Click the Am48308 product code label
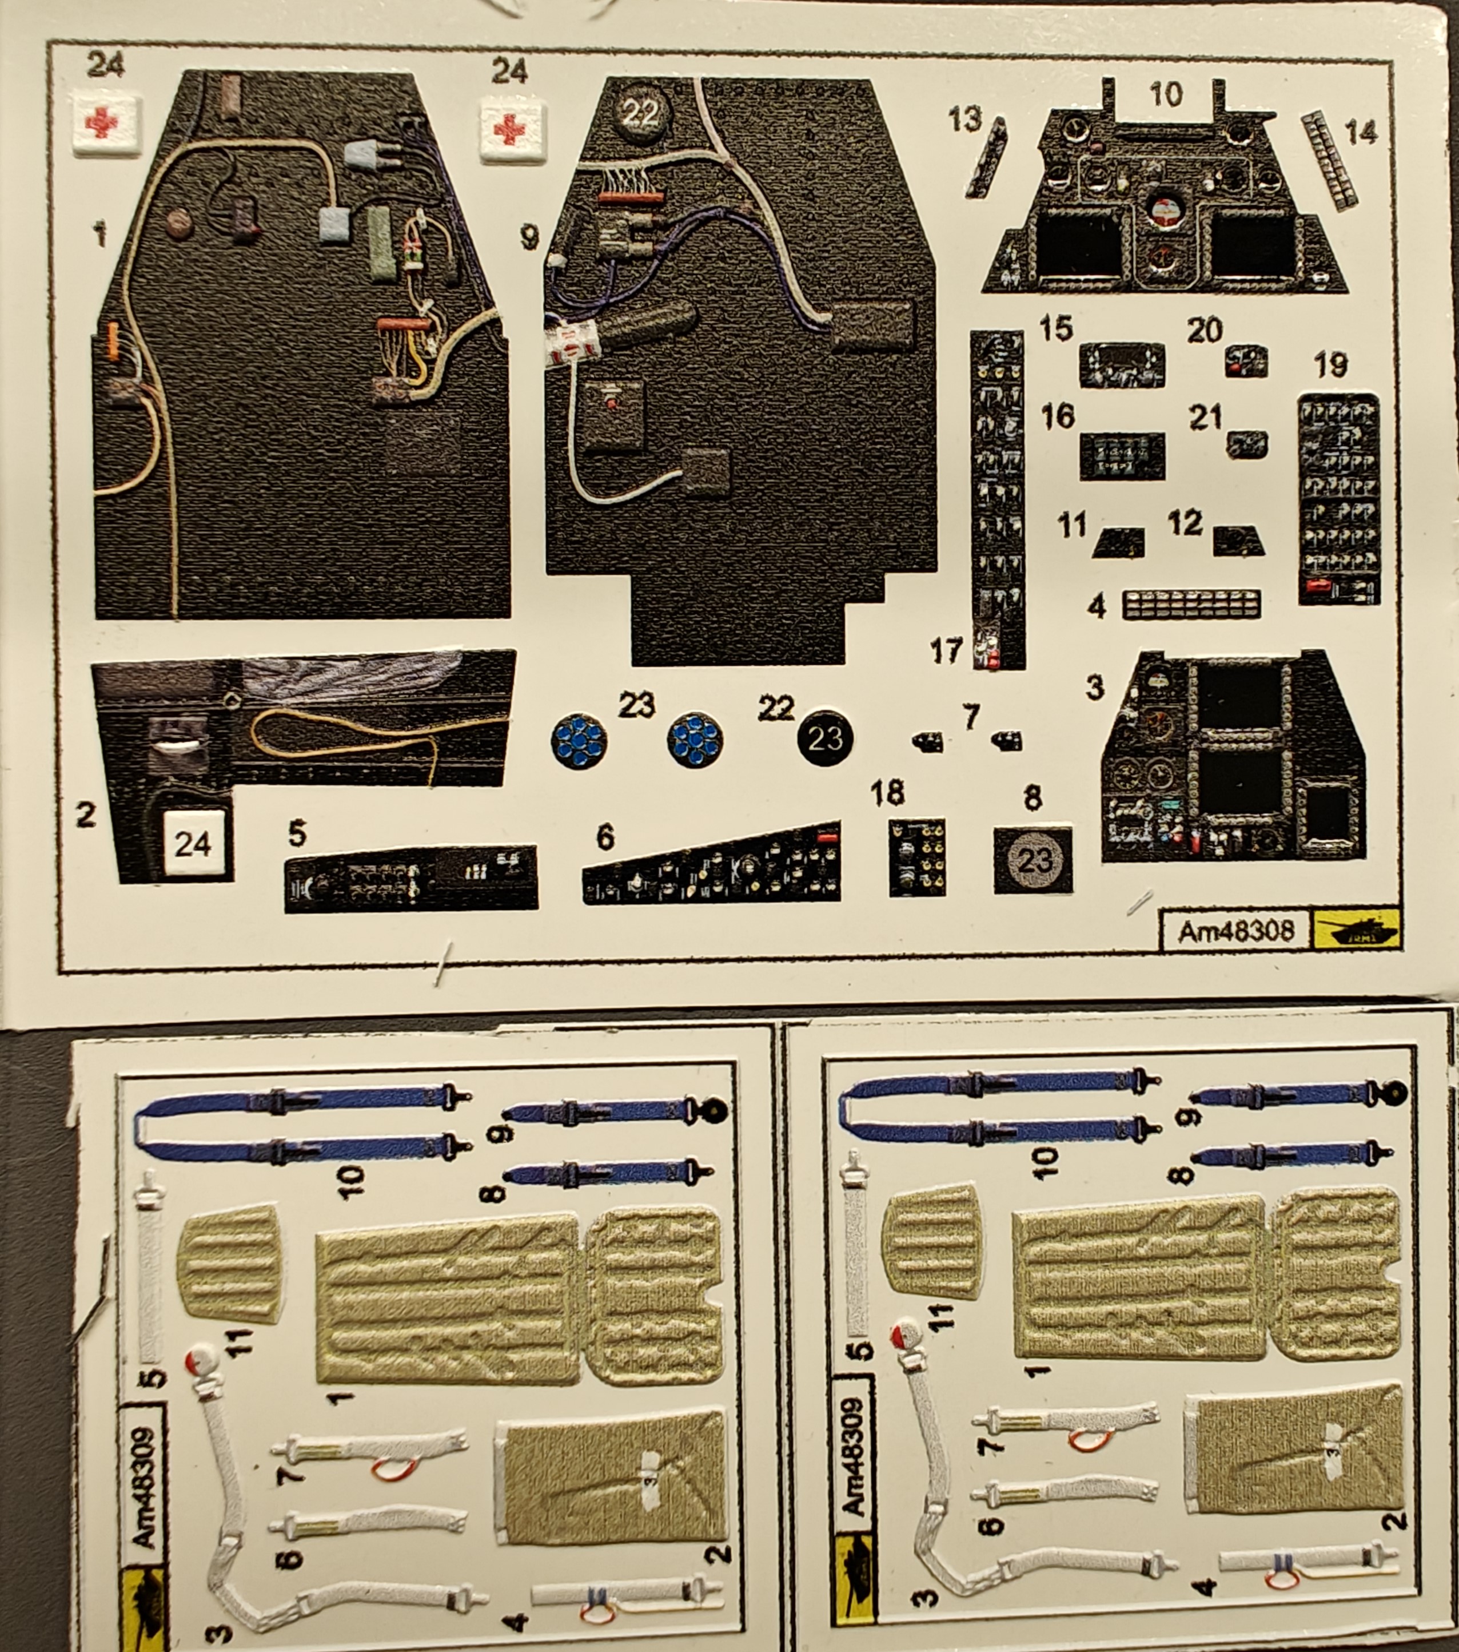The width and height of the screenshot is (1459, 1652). click(1235, 932)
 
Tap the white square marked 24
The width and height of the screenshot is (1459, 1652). click(194, 844)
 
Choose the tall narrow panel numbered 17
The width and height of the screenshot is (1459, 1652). click(999, 501)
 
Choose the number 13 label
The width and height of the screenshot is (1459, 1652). click(964, 121)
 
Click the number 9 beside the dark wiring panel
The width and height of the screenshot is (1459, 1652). click(530, 237)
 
